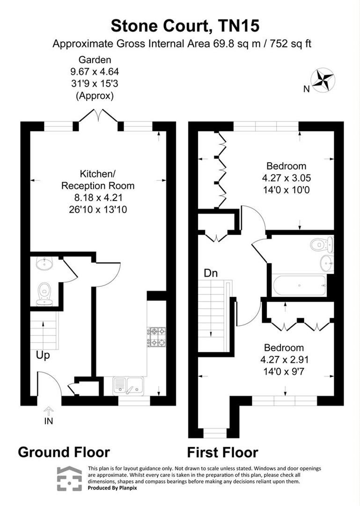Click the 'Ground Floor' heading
coord(64,452)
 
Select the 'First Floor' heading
coord(222,453)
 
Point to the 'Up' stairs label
coord(43,356)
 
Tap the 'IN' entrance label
coord(49,421)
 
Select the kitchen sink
coord(128,385)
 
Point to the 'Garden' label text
coord(95,60)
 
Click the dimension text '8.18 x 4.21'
coord(95,197)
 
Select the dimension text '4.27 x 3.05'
coord(286,178)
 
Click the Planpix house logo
coord(69,478)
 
